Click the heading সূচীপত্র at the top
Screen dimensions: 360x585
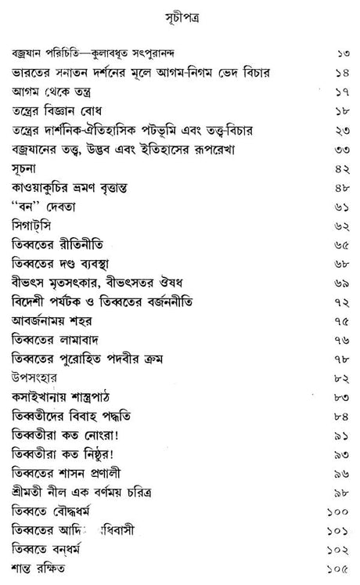(179, 15)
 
